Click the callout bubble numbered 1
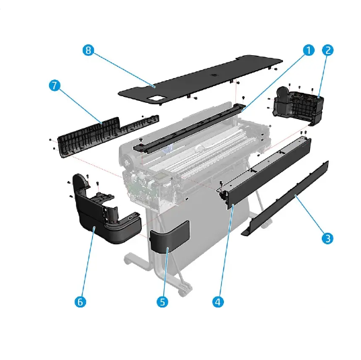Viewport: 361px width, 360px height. (x=308, y=50)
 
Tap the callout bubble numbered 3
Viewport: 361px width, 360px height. (x=327, y=238)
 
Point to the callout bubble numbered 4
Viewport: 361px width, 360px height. (x=217, y=302)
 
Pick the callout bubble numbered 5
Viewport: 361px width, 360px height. (x=162, y=302)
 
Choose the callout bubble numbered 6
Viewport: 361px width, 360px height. (x=80, y=302)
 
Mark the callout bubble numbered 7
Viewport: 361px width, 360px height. (x=55, y=85)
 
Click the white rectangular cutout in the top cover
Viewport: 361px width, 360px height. (x=158, y=98)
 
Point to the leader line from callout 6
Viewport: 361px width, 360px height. (x=87, y=266)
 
